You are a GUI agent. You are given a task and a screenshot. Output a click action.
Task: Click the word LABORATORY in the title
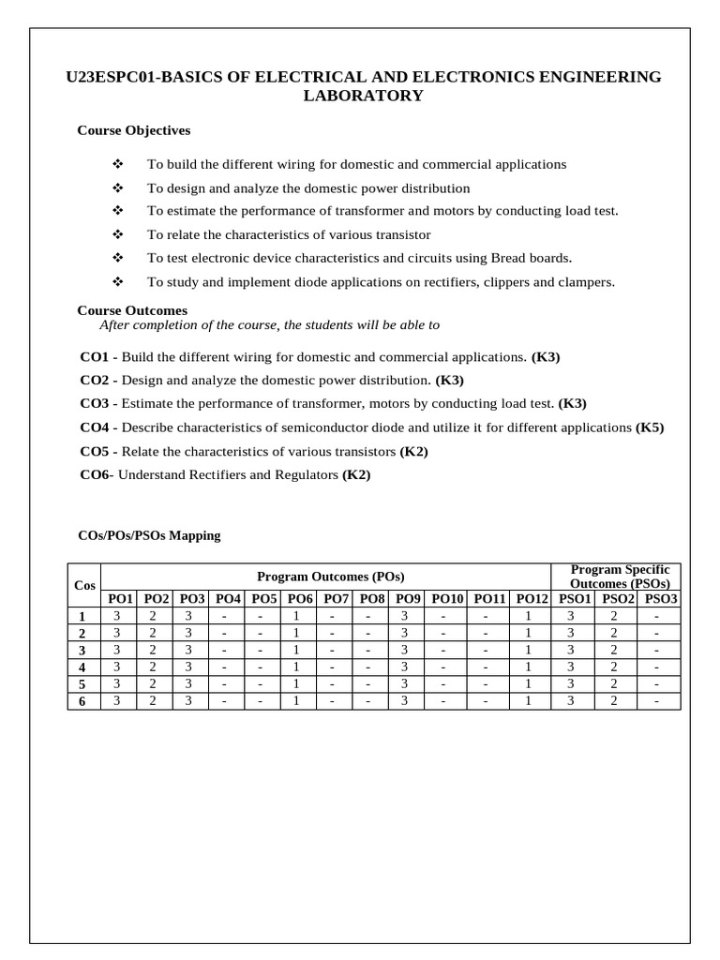point(362,96)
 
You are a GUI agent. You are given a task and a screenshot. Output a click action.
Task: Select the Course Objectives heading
point(133,130)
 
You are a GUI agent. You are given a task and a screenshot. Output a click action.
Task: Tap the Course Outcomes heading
point(132,310)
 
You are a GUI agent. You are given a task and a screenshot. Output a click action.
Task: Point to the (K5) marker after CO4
point(650,427)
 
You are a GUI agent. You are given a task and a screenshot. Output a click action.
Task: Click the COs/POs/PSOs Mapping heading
point(149,536)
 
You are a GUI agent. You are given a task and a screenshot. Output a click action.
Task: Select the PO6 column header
point(300,599)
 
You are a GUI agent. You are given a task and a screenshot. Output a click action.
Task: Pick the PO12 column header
point(532,599)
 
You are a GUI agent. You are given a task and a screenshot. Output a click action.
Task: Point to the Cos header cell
point(84,586)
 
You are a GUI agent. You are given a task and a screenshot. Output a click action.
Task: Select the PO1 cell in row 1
point(117,616)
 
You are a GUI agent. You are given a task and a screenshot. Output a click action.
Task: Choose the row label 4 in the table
point(82,667)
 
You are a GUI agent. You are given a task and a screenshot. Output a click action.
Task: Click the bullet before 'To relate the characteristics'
point(118,234)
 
